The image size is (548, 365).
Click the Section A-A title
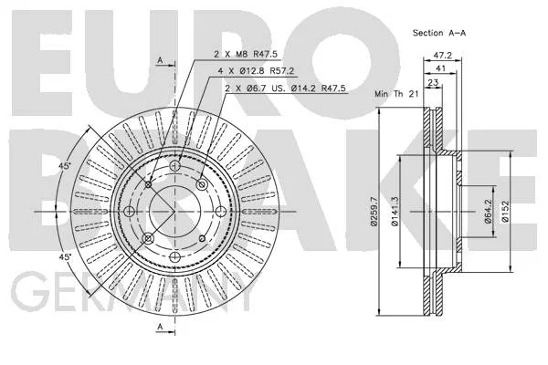(439, 33)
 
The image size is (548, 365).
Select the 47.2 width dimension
(442, 55)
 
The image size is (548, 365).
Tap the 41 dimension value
(441, 68)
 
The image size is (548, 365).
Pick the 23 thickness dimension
(433, 83)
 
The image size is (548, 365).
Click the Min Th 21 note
(396, 94)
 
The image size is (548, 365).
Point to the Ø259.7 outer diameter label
(374, 212)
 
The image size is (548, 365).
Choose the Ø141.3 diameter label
(395, 212)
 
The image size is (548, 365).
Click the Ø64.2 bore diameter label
(489, 212)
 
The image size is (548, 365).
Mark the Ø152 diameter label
(505, 212)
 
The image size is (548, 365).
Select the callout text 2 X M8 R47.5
(246, 54)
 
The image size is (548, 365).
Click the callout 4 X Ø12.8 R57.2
(256, 71)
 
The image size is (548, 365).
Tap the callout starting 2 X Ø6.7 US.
(285, 88)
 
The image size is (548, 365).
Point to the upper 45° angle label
(64, 166)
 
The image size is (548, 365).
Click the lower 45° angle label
(64, 257)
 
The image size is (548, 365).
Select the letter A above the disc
(160, 60)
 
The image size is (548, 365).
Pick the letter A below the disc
(160, 327)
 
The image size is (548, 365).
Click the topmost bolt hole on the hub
(174, 165)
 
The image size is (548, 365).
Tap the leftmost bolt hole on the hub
(130, 212)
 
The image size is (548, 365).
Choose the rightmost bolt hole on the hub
(220, 212)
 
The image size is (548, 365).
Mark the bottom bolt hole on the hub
(174, 257)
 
